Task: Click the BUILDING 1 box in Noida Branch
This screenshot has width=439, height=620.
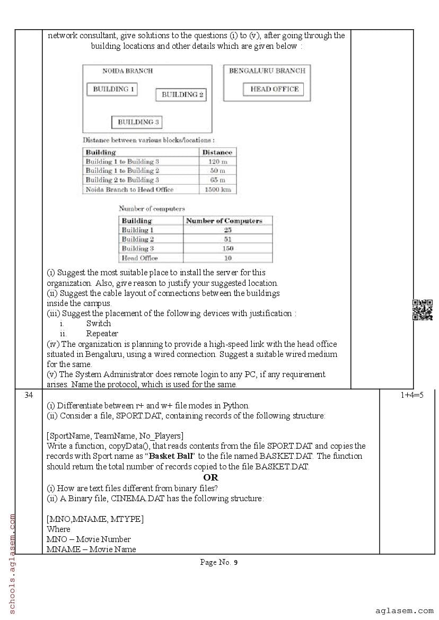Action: pyautogui.click(x=112, y=89)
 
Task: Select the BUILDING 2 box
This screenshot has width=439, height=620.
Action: pyautogui.click(x=181, y=95)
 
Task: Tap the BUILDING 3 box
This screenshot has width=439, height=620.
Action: pyautogui.click(x=137, y=122)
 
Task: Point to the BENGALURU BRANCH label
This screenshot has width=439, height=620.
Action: pyautogui.click(x=267, y=71)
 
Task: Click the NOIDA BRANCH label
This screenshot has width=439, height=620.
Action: pyautogui.click(x=127, y=71)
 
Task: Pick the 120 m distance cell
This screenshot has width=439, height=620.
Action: pyautogui.click(x=217, y=161)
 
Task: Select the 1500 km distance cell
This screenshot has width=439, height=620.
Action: pyautogui.click(x=217, y=189)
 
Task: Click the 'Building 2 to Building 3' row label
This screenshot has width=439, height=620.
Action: pyautogui.click(x=122, y=180)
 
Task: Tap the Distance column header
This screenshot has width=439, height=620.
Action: pyautogui.click(x=217, y=152)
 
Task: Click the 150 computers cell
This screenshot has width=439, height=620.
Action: pyautogui.click(x=228, y=248)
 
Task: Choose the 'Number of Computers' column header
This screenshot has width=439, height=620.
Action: pyautogui.click(x=224, y=221)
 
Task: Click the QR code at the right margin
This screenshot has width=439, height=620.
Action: pyautogui.click(x=423, y=310)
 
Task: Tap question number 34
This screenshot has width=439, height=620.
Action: pyautogui.click(x=29, y=395)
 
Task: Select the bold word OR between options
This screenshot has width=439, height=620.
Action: pyautogui.click(x=210, y=477)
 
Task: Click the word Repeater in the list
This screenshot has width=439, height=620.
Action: pyautogui.click(x=102, y=334)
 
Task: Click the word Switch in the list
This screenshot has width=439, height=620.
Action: pyautogui.click(x=99, y=323)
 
